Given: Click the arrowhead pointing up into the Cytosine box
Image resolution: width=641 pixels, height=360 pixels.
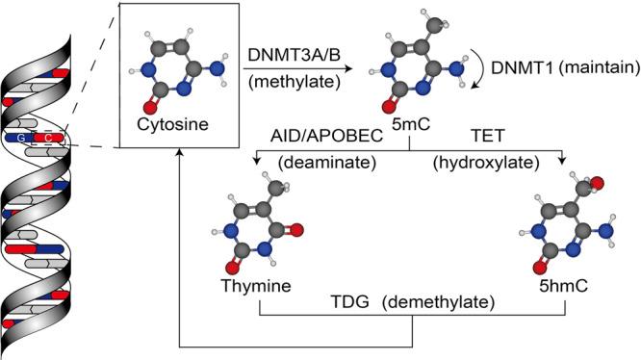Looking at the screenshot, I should tap(180, 156).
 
